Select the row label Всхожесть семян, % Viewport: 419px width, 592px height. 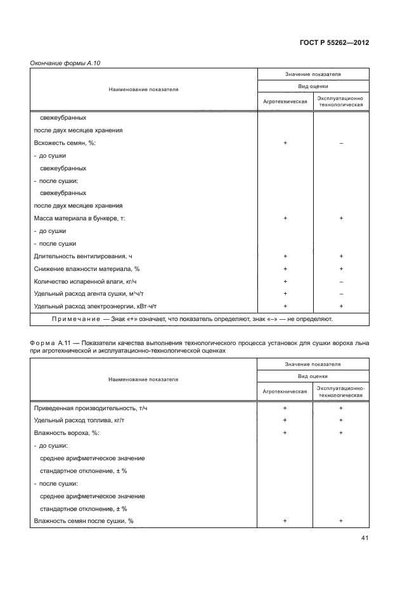[x=65, y=143]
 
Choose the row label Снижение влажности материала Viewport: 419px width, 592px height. [x=86, y=268]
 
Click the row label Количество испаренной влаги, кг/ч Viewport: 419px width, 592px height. [x=86, y=281]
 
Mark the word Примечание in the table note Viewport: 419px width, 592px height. [x=72, y=319]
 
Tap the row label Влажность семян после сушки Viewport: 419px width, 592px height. [x=83, y=520]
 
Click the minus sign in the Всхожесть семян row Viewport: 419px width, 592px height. [x=341, y=143]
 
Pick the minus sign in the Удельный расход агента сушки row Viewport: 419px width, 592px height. [x=341, y=294]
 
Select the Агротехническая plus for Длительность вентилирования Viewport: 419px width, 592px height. [x=285, y=256]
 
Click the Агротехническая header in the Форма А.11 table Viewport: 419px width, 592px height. [x=285, y=391]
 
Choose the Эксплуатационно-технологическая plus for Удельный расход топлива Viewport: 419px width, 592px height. [x=341, y=420]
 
